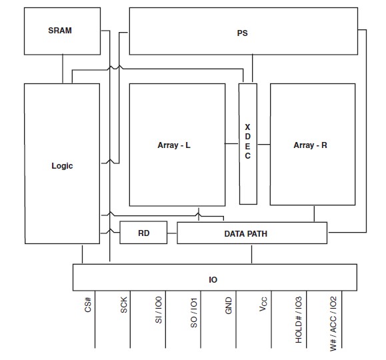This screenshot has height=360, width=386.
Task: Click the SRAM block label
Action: (60, 30)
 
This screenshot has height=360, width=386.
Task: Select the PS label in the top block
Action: (242, 33)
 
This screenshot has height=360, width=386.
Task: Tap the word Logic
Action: (62, 166)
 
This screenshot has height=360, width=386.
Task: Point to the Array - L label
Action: (174, 145)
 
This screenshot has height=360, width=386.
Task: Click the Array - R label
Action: (310, 145)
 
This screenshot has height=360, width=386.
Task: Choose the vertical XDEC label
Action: (247, 141)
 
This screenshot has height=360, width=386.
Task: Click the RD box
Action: (143, 233)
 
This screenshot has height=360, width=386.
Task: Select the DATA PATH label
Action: (246, 234)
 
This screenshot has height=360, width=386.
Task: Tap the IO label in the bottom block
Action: (213, 280)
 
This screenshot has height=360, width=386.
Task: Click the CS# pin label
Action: (88, 305)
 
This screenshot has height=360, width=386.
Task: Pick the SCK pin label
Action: (123, 305)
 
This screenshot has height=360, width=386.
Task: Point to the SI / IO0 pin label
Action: (159, 310)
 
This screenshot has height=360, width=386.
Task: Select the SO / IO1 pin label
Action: (194, 313)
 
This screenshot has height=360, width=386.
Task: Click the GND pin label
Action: (229, 305)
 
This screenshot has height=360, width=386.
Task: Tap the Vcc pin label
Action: (263, 304)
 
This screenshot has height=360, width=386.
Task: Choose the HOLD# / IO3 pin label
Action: (299, 319)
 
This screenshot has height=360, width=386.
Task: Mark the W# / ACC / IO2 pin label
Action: (333, 323)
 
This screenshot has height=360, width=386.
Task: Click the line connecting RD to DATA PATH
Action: (172, 233)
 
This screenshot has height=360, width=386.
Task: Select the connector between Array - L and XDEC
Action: (231, 143)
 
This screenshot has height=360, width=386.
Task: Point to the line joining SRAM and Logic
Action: (63, 69)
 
